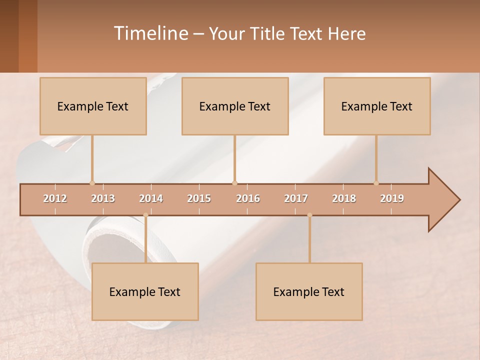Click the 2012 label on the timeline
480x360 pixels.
coord(55,198)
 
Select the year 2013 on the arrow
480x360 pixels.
coord(103,198)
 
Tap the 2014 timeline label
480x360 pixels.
coord(151,198)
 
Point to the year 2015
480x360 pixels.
coord(199,198)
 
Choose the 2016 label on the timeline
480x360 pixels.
coord(248,198)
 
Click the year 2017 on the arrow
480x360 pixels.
coord(296,198)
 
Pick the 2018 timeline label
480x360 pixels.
coord(344,198)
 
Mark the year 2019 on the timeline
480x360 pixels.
coord(392,198)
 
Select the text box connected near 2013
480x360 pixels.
coord(93,106)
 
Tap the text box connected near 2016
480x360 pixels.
coord(235,106)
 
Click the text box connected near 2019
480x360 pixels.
coord(377,106)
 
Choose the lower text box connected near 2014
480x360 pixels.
coord(145,291)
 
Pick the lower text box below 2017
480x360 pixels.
coord(309,291)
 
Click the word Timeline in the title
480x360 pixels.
coord(150,33)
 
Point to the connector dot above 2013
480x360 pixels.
coord(92,183)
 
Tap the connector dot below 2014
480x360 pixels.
coord(145,215)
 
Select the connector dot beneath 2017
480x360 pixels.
coord(309,215)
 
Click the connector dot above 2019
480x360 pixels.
coord(376,183)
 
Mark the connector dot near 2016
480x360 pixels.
coord(234,183)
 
